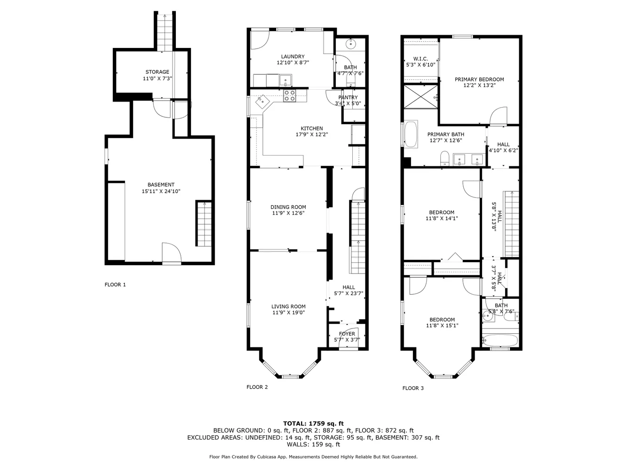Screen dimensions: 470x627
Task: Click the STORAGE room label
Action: (x=157, y=72)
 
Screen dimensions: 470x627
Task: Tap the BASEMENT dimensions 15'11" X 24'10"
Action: (x=161, y=191)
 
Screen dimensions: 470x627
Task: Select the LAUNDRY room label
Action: (x=293, y=56)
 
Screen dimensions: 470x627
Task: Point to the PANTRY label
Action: (x=348, y=97)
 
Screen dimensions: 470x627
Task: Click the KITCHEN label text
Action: (x=312, y=128)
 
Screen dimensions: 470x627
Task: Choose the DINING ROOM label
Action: (x=288, y=207)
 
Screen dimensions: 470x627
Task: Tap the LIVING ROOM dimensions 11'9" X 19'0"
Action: (x=288, y=313)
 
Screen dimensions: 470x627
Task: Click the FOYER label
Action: (x=347, y=334)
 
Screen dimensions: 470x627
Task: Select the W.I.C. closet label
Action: (x=420, y=59)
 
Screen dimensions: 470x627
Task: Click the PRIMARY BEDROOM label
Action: (x=479, y=79)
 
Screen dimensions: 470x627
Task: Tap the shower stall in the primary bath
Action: (x=421, y=97)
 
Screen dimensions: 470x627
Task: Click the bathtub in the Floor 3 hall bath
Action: (x=500, y=340)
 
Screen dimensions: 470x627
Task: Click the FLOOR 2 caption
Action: (x=257, y=387)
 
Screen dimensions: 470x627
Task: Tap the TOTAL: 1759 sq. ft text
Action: (x=313, y=423)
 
